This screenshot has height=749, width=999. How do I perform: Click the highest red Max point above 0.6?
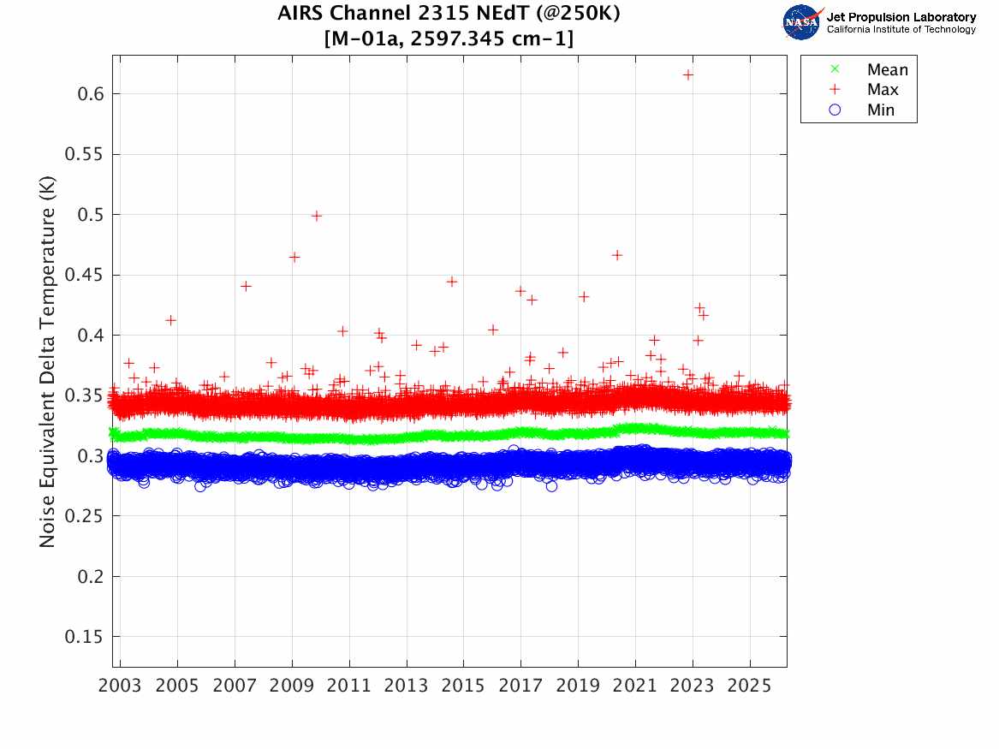687,74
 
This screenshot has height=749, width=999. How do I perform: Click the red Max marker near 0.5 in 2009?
316,216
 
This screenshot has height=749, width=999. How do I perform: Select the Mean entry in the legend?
886,70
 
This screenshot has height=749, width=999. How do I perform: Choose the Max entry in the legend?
882,90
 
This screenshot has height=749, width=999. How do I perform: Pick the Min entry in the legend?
880,110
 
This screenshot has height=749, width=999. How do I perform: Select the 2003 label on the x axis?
121,687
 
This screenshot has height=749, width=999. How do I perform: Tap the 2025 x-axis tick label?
750,687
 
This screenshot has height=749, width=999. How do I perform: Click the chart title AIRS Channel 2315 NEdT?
449,15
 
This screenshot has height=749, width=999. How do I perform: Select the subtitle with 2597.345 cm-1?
449,39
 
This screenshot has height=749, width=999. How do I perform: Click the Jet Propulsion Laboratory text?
901,17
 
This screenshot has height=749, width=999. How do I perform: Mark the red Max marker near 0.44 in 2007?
246,286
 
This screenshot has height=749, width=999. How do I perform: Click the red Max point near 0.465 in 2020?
616,255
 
